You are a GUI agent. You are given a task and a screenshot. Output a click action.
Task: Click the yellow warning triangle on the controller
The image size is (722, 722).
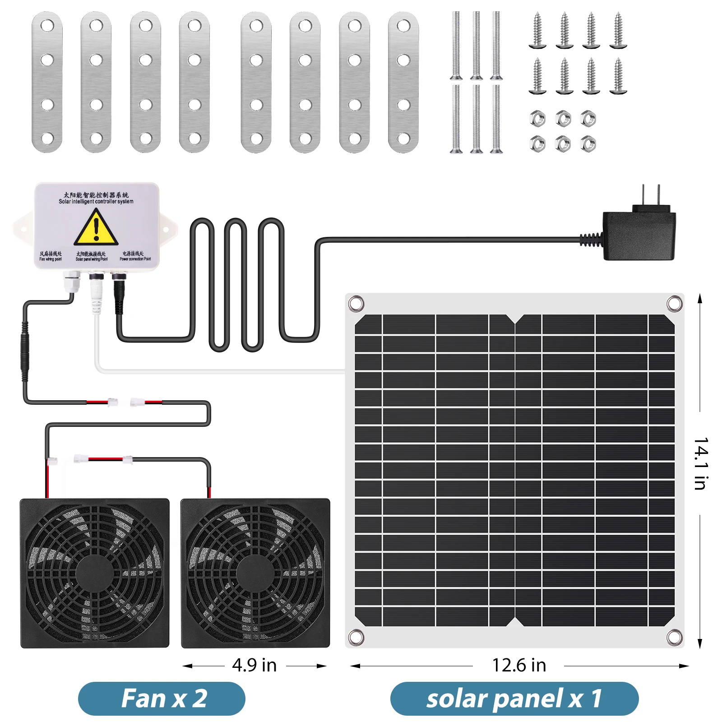(x=96, y=228)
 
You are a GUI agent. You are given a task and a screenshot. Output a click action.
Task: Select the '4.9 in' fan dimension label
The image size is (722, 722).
(x=255, y=665)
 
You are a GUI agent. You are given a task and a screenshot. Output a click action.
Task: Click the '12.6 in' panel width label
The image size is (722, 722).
(x=519, y=665)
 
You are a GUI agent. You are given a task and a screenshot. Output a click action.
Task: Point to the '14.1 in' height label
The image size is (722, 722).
(x=700, y=463)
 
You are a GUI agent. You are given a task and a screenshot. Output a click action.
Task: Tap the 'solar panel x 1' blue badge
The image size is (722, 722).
(x=514, y=699)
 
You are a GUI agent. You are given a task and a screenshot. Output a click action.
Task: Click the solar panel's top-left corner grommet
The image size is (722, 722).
(x=356, y=303)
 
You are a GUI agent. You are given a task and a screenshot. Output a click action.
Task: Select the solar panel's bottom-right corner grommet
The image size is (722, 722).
(x=674, y=638)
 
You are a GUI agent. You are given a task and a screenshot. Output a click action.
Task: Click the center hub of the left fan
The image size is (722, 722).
(x=95, y=574)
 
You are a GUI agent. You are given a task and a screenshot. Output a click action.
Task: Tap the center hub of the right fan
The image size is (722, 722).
(x=255, y=574)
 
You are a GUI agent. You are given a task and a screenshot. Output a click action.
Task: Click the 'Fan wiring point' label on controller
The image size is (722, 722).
(x=51, y=256)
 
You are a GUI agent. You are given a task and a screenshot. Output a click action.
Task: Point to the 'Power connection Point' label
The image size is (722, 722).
(x=135, y=256)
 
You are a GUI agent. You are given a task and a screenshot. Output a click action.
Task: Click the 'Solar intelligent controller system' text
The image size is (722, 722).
(x=96, y=202)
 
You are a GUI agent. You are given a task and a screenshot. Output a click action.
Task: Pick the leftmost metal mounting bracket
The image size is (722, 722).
(x=47, y=82)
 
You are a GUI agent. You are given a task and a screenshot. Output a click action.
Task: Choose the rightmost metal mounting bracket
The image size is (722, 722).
(x=403, y=82)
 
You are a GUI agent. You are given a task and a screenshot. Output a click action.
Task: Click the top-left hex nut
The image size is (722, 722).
(x=537, y=119)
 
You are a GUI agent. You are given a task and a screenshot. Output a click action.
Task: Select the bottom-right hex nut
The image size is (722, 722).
(x=588, y=144)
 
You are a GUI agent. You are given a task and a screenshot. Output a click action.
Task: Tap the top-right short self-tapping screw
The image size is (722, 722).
(x=618, y=31)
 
